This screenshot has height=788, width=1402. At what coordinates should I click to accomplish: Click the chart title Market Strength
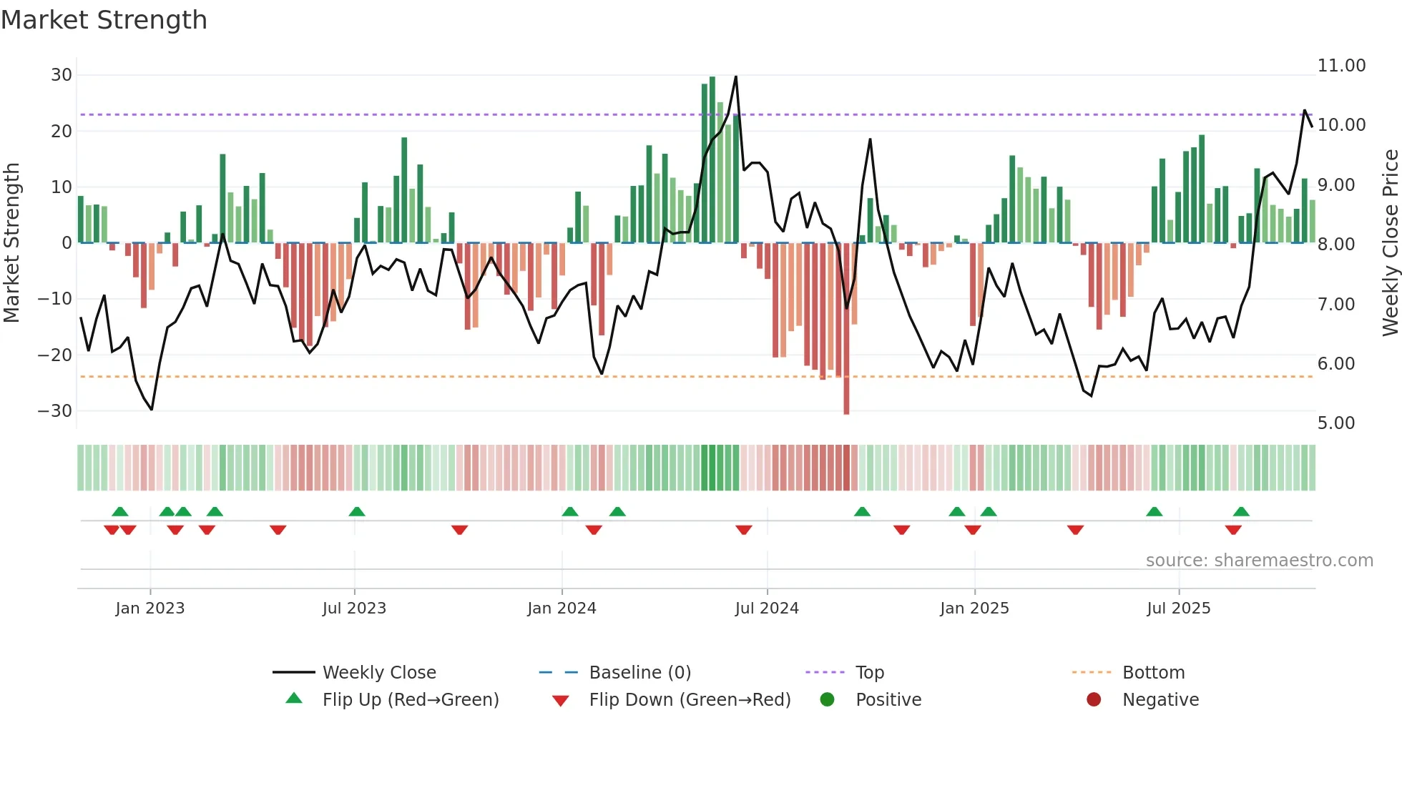tap(104, 20)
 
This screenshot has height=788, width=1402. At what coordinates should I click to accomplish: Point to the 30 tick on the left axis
tap(62, 75)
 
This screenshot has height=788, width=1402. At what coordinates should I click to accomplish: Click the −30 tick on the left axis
tap(55, 411)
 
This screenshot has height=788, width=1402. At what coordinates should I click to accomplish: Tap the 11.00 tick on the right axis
tap(1341, 66)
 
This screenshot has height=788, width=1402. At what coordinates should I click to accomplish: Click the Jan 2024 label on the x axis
tap(562, 609)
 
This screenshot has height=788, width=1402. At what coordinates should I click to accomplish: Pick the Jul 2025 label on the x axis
tap(1178, 609)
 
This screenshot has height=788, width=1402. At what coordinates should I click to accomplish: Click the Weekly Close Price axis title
tap(1390, 243)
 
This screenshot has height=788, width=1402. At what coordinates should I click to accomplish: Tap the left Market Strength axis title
tap(12, 243)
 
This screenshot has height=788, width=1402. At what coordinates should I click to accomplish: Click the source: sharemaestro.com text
tap(1259, 561)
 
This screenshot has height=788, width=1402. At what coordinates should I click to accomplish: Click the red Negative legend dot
tap(1094, 699)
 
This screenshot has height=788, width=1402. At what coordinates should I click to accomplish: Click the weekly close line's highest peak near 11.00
tap(735, 77)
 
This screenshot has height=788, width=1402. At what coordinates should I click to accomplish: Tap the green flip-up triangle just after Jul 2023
tap(357, 511)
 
